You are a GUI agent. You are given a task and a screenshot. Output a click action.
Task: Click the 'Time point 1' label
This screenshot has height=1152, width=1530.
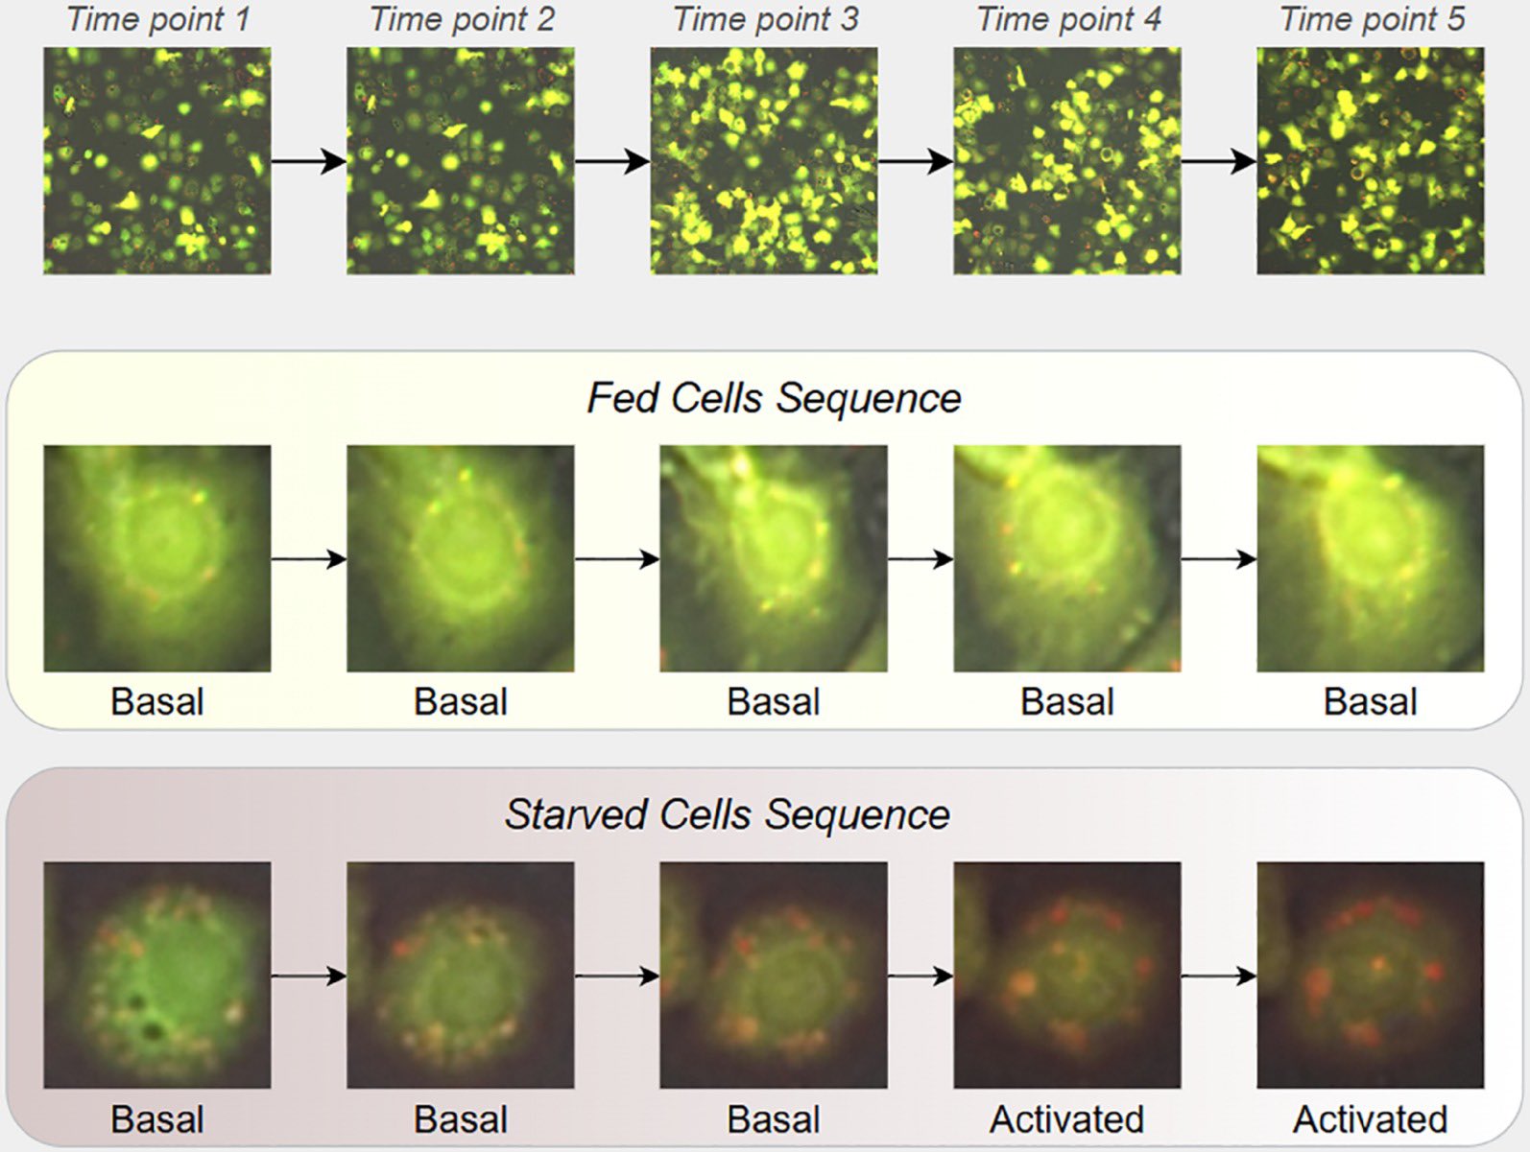(158, 19)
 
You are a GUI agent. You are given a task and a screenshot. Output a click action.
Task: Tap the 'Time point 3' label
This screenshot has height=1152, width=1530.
(765, 19)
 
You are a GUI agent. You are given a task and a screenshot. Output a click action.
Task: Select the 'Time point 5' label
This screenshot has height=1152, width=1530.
(1373, 19)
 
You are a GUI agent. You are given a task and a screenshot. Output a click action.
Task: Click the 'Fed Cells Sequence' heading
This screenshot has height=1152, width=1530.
(774, 398)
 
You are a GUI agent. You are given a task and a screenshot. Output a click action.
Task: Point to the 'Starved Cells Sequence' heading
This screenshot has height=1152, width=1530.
(727, 814)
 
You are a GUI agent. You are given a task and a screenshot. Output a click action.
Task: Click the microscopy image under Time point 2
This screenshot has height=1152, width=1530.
(461, 161)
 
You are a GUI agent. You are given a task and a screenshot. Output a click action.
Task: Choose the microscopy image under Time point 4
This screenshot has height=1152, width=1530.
(1067, 161)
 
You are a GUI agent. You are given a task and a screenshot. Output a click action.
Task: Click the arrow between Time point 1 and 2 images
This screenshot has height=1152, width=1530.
(309, 161)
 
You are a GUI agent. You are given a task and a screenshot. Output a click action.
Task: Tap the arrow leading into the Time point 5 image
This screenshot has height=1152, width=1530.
(1219, 161)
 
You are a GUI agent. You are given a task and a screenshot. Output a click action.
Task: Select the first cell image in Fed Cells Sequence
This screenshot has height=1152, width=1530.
(156, 558)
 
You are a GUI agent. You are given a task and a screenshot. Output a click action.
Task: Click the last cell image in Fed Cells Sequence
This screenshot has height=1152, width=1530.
(1371, 558)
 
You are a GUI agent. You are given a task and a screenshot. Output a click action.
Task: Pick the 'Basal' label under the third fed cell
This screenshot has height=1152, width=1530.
(773, 701)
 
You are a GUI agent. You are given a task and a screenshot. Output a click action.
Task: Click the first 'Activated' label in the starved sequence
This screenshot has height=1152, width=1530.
(1066, 1120)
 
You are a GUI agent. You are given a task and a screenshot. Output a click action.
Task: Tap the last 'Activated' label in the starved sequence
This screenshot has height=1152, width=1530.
(1371, 1120)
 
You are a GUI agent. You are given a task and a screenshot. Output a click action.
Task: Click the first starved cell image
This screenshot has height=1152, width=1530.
(156, 976)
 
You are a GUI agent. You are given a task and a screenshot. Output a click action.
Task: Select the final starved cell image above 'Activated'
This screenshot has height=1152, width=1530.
(1371, 976)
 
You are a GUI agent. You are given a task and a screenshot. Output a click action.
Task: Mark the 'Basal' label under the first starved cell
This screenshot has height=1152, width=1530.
(156, 1120)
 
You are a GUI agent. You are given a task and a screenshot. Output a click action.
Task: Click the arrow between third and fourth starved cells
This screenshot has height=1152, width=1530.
(920, 976)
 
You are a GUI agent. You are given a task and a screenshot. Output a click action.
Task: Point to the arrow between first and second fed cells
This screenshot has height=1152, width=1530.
(309, 558)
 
